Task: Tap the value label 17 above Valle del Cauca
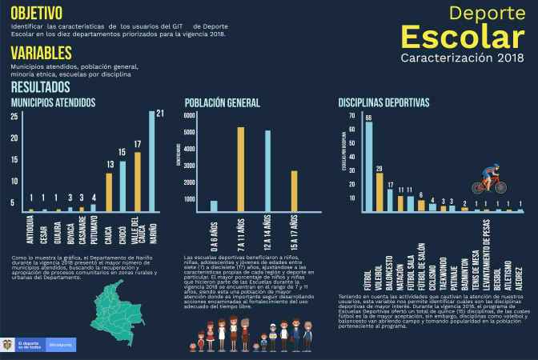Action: tap(137, 145)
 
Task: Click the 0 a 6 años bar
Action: tap(214, 207)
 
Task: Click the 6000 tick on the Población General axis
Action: tap(189, 115)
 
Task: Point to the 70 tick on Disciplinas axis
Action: tap(352, 115)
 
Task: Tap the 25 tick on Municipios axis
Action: tap(14, 117)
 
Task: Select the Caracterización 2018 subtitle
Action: tap(462, 58)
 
